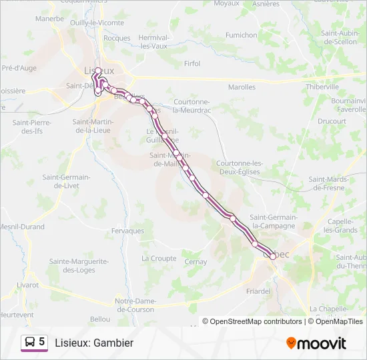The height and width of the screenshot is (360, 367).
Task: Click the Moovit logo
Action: [x=316, y=343]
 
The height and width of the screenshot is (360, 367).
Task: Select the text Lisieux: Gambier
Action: [x=94, y=343]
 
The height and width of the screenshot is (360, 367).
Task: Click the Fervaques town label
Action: [x=128, y=231]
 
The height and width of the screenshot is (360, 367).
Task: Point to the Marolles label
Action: [x=242, y=87]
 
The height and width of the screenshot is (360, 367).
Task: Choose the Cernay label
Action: [x=196, y=262]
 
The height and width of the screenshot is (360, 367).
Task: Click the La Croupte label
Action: [x=159, y=258]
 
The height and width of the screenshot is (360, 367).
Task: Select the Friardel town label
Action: [x=258, y=291]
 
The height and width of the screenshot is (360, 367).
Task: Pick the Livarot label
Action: [x=27, y=285]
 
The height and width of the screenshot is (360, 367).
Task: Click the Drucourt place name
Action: [x=332, y=121]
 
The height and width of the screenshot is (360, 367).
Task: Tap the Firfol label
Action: [x=192, y=64]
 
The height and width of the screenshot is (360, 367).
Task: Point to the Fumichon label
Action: [x=241, y=35]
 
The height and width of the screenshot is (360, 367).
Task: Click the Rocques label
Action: [x=117, y=38]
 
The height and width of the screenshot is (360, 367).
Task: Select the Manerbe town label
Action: [x=49, y=19]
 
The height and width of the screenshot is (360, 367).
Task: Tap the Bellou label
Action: [x=100, y=319]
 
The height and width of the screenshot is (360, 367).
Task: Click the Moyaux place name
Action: [x=226, y=3]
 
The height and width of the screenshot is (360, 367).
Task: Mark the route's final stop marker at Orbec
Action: [x=273, y=257]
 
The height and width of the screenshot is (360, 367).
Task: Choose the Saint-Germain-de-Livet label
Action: [x=66, y=181]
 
